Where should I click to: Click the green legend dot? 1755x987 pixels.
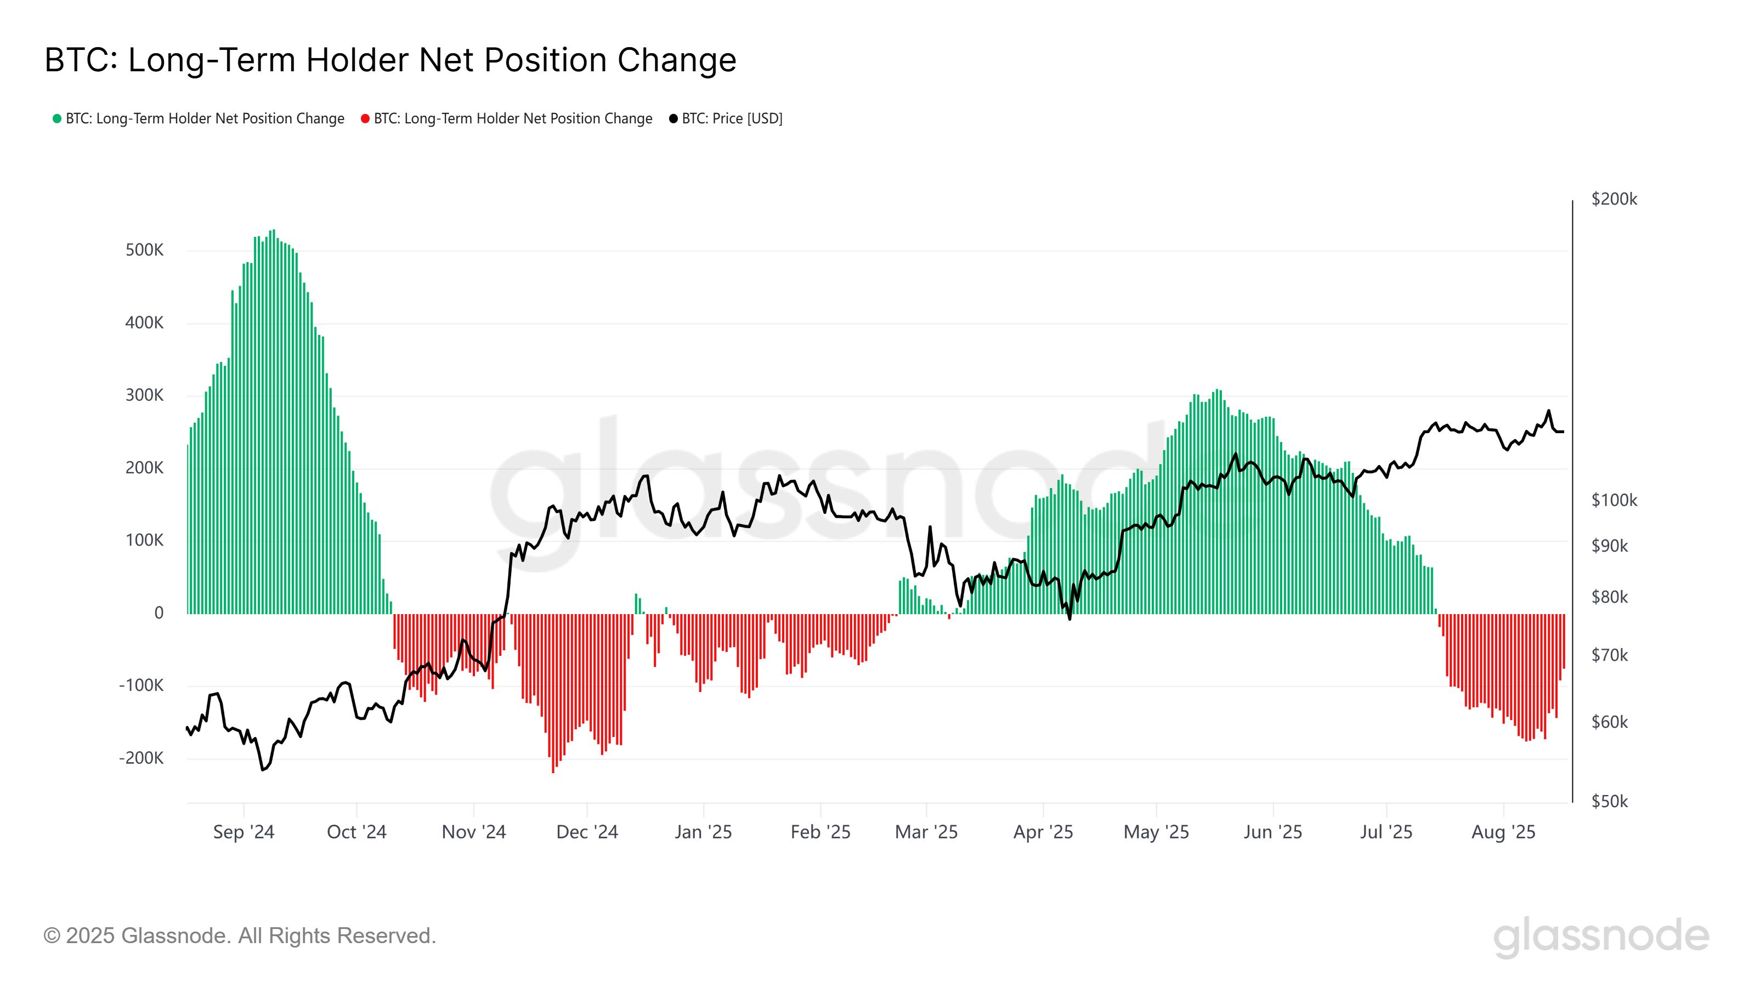[x=57, y=119]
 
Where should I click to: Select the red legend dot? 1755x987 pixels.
[x=365, y=119]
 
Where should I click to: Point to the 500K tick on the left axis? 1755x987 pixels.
[x=144, y=250]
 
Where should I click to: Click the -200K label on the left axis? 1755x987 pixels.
[x=141, y=758]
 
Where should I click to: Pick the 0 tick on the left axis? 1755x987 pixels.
[x=158, y=613]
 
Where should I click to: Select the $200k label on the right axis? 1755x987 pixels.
[x=1614, y=199]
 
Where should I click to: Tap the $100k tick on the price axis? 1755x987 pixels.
[x=1614, y=501]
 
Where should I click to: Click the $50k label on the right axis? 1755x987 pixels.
[x=1609, y=802]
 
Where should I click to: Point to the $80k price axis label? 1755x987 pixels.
[x=1609, y=597]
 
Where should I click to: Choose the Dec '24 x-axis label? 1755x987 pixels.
[x=587, y=832]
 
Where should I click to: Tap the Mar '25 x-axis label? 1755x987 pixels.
[x=926, y=832]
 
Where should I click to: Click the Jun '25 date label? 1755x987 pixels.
[x=1272, y=832]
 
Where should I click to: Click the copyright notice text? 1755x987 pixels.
[x=239, y=936]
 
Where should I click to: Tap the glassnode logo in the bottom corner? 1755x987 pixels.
[x=1600, y=937]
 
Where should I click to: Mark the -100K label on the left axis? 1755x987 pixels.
[x=141, y=685]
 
